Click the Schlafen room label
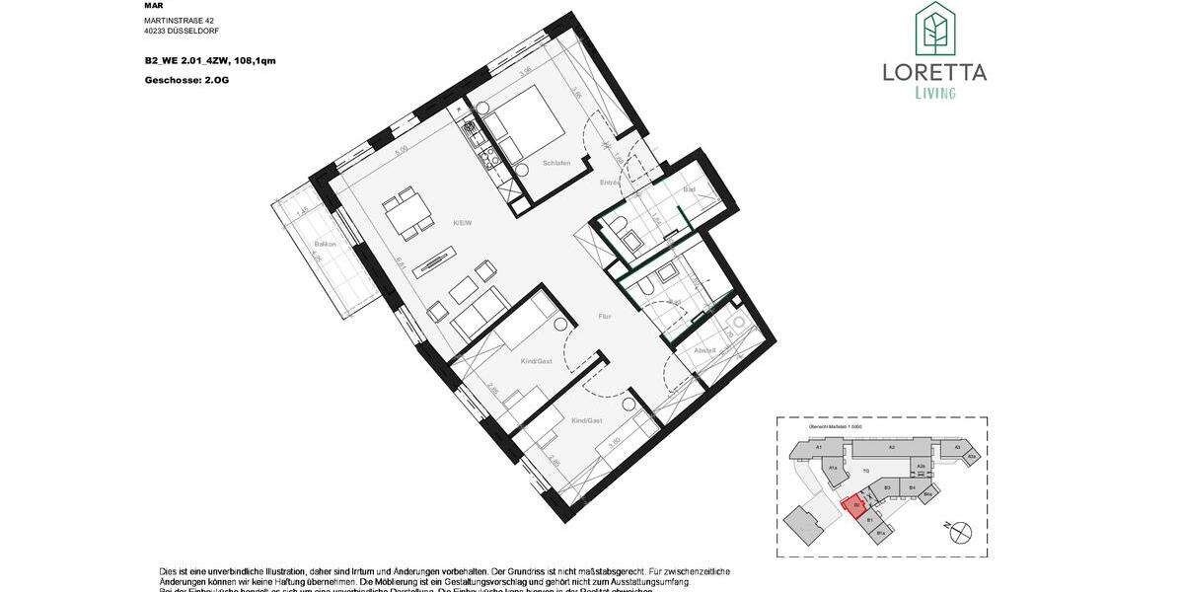[556, 163]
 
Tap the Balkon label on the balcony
[325, 244]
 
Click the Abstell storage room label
[704, 350]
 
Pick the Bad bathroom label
[690, 187]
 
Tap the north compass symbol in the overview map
[958, 532]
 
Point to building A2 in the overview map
[890, 447]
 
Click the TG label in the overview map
[865, 471]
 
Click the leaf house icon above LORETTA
[933, 29]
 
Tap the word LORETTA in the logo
[933, 72]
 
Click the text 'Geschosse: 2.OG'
[186, 79]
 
